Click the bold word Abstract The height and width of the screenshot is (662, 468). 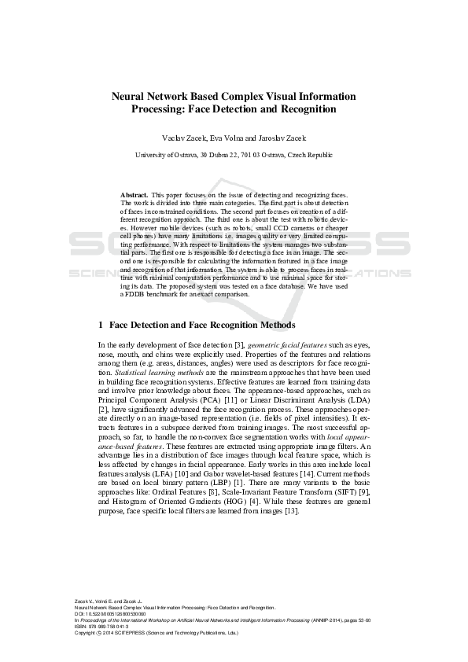click(134, 193)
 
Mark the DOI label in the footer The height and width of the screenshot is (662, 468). click(79, 614)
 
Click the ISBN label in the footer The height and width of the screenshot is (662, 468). click(80, 626)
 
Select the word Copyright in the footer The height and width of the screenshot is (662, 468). click(85, 632)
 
